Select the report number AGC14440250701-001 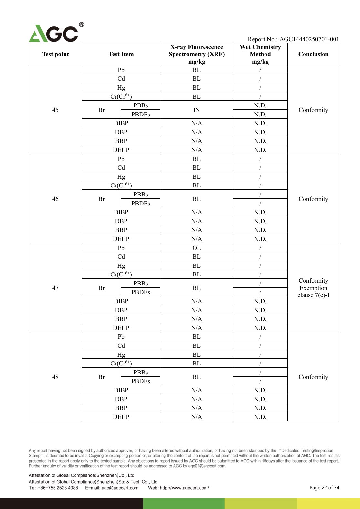tap(309, 39)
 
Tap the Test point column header tap(55, 54)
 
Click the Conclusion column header tap(313, 54)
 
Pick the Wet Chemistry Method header tap(260, 54)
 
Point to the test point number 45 tap(55, 110)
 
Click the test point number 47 tap(55, 288)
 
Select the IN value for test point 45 tap(196, 110)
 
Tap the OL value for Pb tap(196, 248)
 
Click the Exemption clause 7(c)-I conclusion tap(313, 292)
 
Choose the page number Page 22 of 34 tap(324, 488)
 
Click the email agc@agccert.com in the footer tap(120, 488)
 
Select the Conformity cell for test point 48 tap(313, 377)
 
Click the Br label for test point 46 tap(101, 199)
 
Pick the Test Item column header tap(121, 54)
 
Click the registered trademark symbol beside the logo tap(82, 25)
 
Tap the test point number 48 tap(55, 377)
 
